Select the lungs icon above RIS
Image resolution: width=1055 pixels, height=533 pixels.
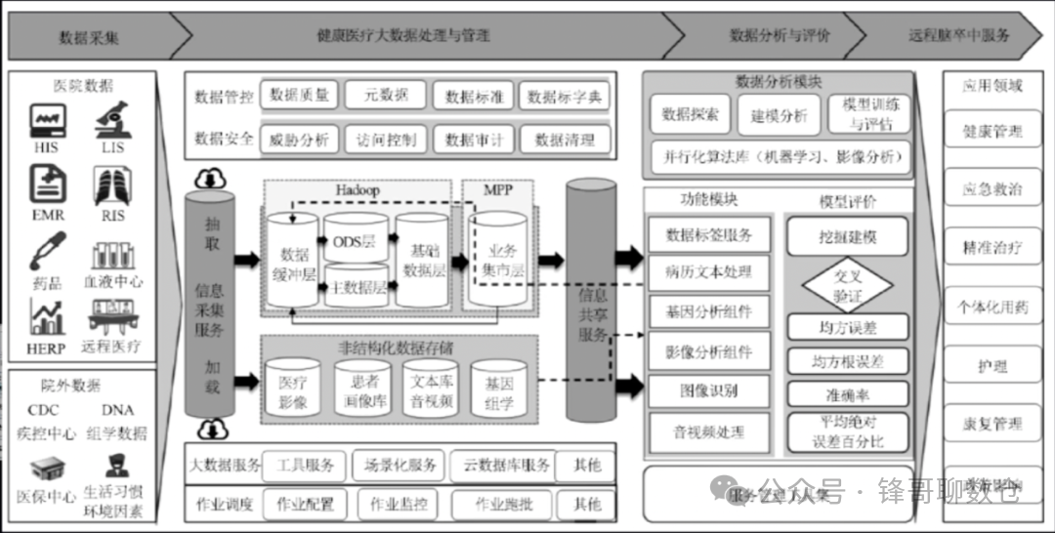pos(110,185)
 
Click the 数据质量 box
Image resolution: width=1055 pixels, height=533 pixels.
pos(299,95)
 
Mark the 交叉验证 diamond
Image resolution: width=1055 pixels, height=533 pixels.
pos(848,285)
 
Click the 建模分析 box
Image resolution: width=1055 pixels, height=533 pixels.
pos(779,115)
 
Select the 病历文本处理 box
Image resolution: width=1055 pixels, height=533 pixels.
pos(709,272)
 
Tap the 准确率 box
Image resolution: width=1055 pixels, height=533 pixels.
pos(848,393)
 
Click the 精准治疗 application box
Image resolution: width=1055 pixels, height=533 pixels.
pos(992,248)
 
